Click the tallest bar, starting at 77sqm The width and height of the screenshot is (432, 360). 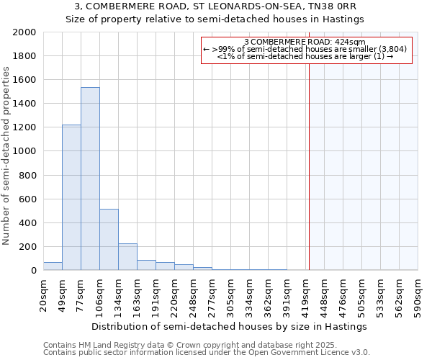[x=90, y=179]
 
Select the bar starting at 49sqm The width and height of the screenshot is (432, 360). [x=71, y=197]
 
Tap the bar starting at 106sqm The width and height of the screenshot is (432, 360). [x=109, y=239]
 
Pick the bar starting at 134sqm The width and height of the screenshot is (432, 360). [x=127, y=256]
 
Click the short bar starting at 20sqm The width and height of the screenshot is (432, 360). [x=53, y=266]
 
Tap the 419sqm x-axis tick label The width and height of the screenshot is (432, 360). [x=306, y=293]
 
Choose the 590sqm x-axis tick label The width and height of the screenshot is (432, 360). [x=418, y=293]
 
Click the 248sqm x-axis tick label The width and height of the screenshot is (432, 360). [x=194, y=293]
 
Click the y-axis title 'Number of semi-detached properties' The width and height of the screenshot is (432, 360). [x=6, y=156]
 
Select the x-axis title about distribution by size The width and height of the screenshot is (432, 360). [x=230, y=326]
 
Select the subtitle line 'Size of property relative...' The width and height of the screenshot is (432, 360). [x=215, y=19]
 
